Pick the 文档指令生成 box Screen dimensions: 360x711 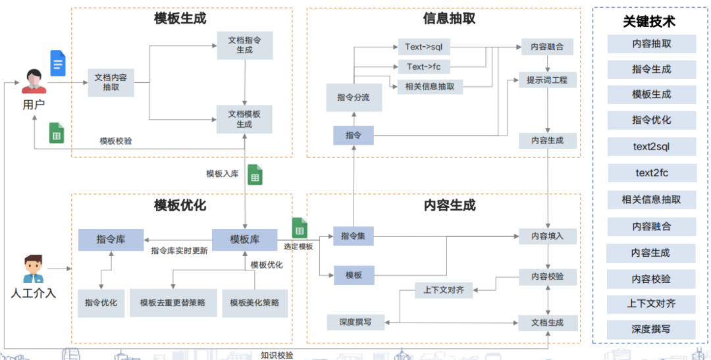244,45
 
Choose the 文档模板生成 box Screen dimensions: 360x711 244,119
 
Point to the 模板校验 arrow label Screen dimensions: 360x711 115,141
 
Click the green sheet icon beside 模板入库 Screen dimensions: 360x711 255,175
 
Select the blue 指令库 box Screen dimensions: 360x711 111,240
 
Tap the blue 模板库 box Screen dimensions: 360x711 244,240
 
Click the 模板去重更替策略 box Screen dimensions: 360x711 172,303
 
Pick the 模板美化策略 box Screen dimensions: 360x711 255,303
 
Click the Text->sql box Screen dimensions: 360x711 423,47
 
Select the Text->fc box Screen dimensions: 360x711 423,66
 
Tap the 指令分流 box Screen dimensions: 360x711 354,97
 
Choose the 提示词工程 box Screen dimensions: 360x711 547,80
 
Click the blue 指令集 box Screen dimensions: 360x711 354,236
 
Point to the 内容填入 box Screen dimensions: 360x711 547,236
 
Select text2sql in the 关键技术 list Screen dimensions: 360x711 651,147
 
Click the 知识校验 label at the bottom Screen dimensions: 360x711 276,355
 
